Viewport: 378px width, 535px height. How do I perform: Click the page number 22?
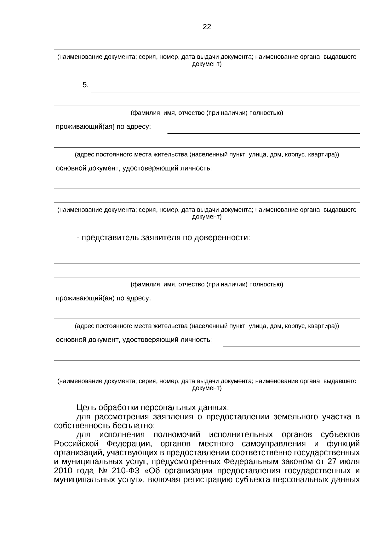pyautogui.click(x=207, y=27)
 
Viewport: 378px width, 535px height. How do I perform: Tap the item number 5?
pyautogui.click(x=85, y=85)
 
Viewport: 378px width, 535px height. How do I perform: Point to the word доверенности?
pyautogui.click(x=221, y=237)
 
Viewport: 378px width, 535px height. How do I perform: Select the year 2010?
pyautogui.click(x=63, y=471)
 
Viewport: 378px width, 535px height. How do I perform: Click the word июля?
pyautogui.click(x=351, y=462)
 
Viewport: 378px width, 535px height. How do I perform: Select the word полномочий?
pyautogui.click(x=177, y=435)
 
